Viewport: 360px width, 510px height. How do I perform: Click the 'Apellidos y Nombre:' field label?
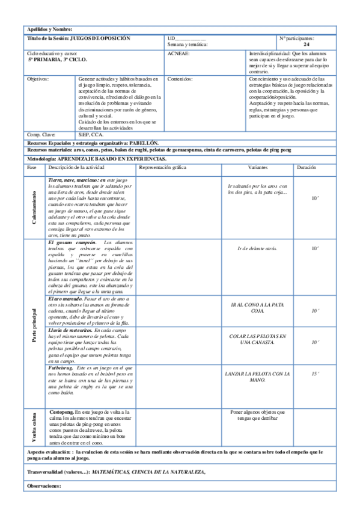point(50,29)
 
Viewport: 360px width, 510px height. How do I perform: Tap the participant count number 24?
point(307,45)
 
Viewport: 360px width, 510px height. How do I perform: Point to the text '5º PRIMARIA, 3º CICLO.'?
point(58,60)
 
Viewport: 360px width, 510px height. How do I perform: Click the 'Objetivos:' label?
point(38,79)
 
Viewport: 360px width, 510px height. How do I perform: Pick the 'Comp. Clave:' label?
point(41,135)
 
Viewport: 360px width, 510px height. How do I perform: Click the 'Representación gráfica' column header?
point(162,167)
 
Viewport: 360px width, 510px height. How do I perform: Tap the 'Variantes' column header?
point(258,167)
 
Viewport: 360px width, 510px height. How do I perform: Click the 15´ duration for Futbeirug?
point(315,373)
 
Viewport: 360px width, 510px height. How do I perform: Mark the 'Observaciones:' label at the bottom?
point(44,486)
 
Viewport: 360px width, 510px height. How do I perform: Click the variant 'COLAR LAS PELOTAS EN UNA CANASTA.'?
point(258,339)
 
